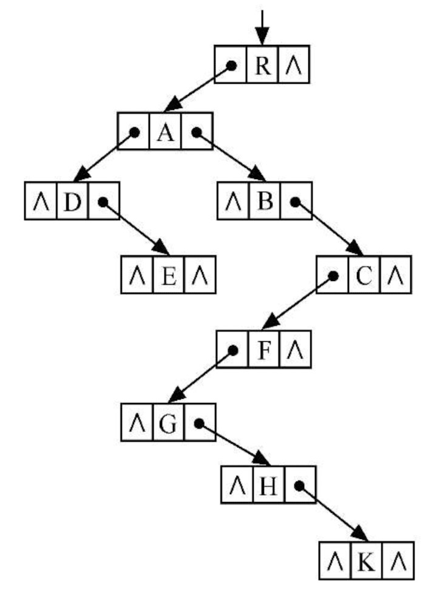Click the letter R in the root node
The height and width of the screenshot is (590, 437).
coord(263,66)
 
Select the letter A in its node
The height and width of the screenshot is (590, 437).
coord(164,132)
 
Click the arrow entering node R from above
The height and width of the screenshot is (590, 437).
coord(262,27)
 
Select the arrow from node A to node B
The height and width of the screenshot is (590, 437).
coord(231,156)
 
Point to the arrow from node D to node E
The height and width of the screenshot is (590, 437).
coord(135,227)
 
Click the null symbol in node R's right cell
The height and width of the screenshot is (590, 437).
coord(294,66)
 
